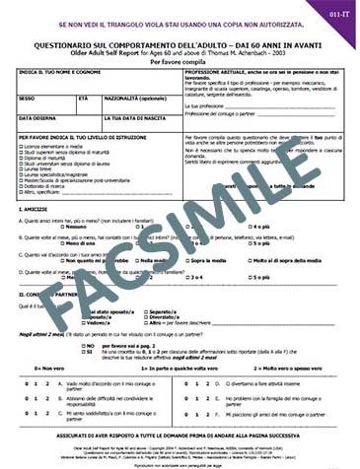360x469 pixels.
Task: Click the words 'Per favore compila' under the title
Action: [180, 62]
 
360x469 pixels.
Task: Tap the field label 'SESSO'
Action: [27, 98]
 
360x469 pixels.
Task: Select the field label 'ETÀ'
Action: [82, 98]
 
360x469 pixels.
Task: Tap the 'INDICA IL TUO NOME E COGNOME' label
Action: [62, 75]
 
